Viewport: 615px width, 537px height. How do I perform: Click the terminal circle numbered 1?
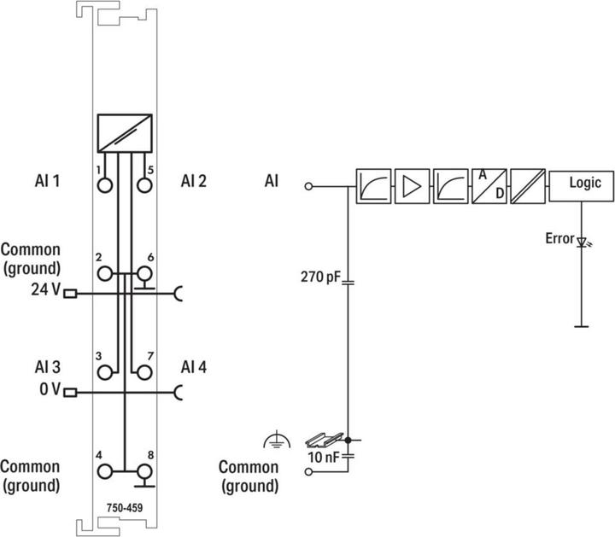click(105, 185)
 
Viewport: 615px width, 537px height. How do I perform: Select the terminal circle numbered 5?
click(144, 185)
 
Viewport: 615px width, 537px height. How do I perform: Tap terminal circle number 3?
click(105, 372)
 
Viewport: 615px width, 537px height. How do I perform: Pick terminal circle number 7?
click(144, 372)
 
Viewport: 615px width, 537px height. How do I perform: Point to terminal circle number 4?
click(105, 471)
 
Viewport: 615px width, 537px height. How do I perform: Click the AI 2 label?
click(194, 181)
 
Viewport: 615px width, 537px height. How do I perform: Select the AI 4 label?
click(194, 367)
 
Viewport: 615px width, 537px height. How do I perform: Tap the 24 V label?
click(46, 289)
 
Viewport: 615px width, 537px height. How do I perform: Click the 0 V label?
click(50, 389)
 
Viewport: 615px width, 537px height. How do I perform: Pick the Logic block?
click(582, 186)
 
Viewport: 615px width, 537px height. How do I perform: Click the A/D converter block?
click(489, 186)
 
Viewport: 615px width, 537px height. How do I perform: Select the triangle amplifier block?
click(412, 186)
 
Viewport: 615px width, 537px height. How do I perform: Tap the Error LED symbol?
click(583, 242)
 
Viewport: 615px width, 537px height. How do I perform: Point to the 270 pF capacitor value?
click(320, 277)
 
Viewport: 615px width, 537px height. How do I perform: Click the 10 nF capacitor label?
click(323, 457)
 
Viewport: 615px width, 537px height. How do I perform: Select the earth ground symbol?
click(278, 440)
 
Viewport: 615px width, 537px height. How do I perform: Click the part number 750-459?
click(125, 508)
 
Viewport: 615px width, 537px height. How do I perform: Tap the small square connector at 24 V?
click(70, 293)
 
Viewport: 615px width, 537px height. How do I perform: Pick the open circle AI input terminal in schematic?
click(308, 186)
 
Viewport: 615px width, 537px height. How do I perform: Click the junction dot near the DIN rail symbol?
click(348, 441)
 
